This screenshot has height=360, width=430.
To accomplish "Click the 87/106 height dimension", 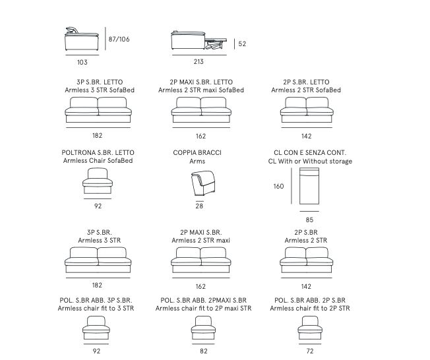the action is [x=119, y=39].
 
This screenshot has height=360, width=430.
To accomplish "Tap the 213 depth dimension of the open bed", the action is [x=199, y=61].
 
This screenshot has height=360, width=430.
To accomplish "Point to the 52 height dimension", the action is [x=242, y=44].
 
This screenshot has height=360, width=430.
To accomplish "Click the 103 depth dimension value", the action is [x=82, y=62].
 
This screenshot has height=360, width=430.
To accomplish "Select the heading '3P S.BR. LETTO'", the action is [x=100, y=82].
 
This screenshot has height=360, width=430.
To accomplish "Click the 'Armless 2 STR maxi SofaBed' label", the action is [x=201, y=90].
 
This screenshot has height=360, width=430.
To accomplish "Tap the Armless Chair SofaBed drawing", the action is [x=98, y=181].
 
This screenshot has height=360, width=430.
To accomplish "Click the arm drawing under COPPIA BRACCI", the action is [x=202, y=183].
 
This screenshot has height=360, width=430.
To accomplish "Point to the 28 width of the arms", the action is [x=199, y=206].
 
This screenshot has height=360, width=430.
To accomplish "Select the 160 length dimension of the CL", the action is [x=278, y=186].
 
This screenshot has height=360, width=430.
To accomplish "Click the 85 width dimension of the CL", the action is [x=309, y=220].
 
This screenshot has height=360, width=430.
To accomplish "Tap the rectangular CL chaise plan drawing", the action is [x=309, y=186].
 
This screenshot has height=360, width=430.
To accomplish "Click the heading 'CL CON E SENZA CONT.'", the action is [x=310, y=153].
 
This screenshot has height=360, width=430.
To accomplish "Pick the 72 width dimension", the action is [x=310, y=351].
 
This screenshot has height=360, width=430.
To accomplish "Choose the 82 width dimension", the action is [x=204, y=351].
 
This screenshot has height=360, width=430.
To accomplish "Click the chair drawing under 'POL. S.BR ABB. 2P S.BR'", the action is [x=310, y=328].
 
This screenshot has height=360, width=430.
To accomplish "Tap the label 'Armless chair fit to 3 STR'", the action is [x=96, y=308].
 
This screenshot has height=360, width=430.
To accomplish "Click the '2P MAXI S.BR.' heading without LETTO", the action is [x=201, y=233].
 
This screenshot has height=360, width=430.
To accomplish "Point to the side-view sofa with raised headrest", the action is [x=81, y=39].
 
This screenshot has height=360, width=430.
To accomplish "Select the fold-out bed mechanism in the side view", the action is [x=216, y=44].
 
